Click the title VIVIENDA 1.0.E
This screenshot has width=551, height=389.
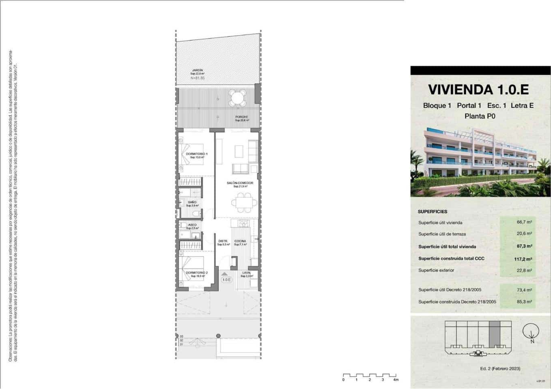(x=478, y=89)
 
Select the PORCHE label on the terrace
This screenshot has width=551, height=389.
(x=241, y=117)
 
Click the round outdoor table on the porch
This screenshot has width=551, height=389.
(x=237, y=97)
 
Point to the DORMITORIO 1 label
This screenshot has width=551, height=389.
(x=197, y=154)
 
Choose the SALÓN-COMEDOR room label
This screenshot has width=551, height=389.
(x=240, y=183)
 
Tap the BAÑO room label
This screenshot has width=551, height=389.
(x=192, y=202)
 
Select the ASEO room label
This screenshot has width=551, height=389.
(x=192, y=225)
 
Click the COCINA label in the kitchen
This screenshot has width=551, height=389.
(x=240, y=241)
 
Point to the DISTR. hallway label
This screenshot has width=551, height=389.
(x=223, y=241)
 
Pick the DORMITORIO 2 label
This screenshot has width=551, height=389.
(x=197, y=273)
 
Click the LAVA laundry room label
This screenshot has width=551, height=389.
(x=246, y=273)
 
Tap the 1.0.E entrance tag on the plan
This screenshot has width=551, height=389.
(x=226, y=280)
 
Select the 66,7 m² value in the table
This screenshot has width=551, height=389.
(x=524, y=222)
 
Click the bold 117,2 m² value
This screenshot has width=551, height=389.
(x=523, y=259)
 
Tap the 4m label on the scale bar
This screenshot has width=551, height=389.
(x=396, y=380)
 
